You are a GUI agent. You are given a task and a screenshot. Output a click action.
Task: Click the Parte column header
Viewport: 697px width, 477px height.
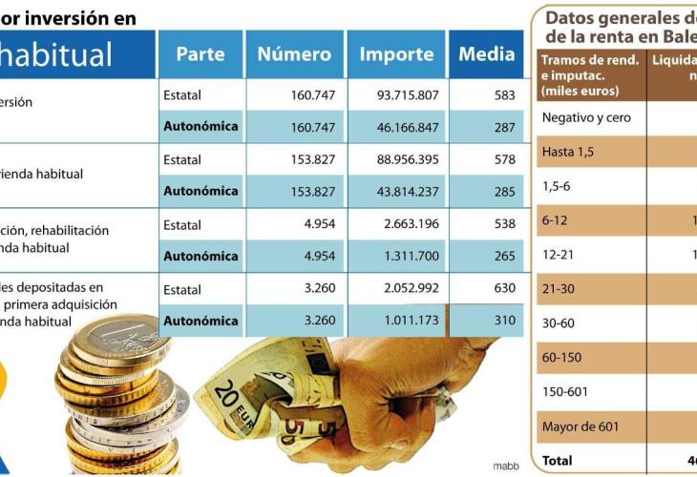pyautogui.click(x=200, y=54)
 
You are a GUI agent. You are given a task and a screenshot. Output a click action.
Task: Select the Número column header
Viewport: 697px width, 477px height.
pyautogui.click(x=294, y=54)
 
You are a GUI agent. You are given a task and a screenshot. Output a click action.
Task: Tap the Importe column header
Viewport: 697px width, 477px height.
pyautogui.click(x=396, y=54)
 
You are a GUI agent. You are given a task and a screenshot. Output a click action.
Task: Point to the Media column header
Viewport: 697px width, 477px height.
pyautogui.click(x=486, y=54)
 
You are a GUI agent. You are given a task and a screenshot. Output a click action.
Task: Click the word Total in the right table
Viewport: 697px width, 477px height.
pyautogui.click(x=558, y=461)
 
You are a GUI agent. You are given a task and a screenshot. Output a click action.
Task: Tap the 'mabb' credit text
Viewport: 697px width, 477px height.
pyautogui.click(x=506, y=467)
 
